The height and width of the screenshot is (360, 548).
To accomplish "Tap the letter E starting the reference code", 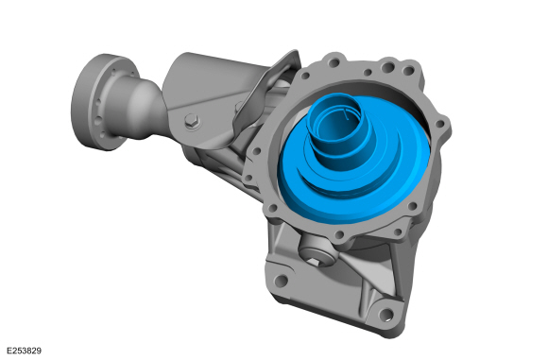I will [x=7, y=351].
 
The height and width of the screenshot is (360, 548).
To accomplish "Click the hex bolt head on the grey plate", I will [x=192, y=121].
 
